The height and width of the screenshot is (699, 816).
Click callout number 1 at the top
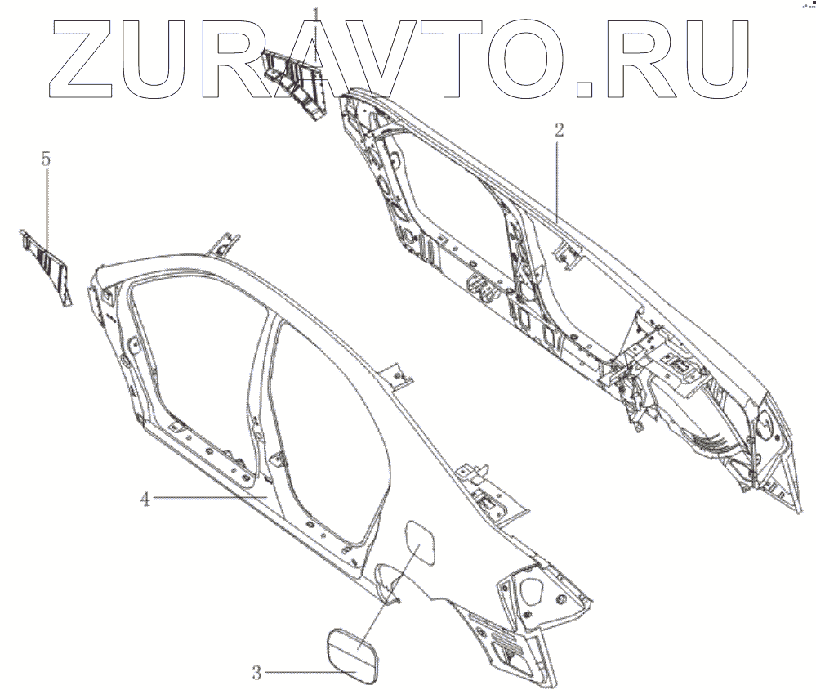(318, 13)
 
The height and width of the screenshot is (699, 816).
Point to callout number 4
(145, 498)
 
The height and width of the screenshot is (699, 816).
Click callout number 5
(47, 159)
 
